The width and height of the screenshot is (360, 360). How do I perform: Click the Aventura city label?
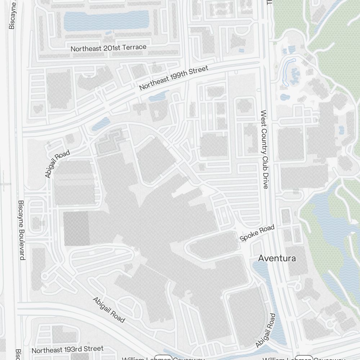tap(277, 258)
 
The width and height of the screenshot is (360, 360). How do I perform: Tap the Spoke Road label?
tap(257, 233)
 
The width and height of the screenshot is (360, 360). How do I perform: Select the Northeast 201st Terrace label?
tap(108, 48)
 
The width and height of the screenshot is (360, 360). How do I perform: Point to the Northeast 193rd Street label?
tap(67, 349)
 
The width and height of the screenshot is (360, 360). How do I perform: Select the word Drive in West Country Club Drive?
tap(265, 180)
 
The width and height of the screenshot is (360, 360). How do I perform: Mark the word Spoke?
tap(249, 236)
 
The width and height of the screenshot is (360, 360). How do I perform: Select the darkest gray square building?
tap(76, 229)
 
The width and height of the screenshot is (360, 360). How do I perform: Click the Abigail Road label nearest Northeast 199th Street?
tap(57, 164)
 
